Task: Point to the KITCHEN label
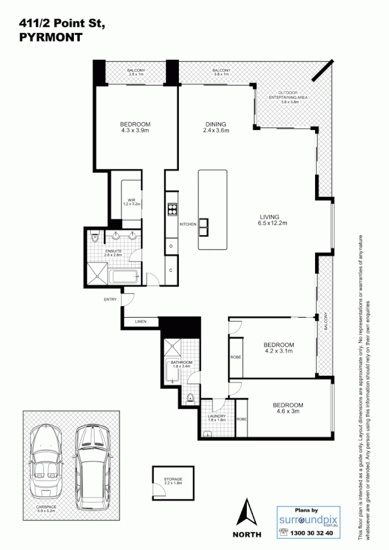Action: point(187,225)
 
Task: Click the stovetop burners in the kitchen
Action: point(172,209)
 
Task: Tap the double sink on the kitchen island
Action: point(203,225)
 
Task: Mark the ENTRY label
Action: point(110,299)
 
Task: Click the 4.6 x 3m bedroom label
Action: point(288,408)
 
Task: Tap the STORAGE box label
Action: point(173,481)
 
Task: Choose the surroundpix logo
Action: point(305,519)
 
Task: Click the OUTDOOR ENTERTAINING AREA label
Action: point(285,98)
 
